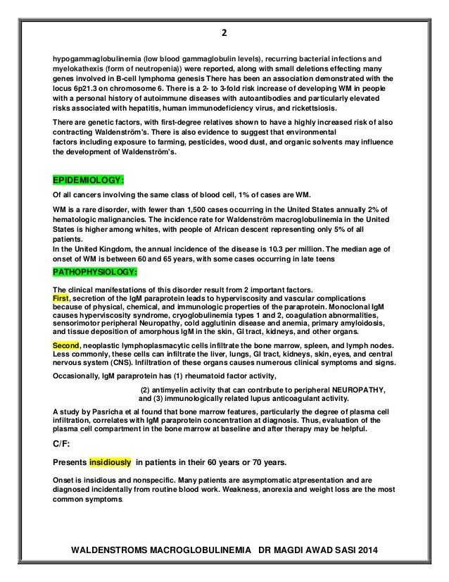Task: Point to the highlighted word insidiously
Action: pyautogui.click(x=110, y=463)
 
